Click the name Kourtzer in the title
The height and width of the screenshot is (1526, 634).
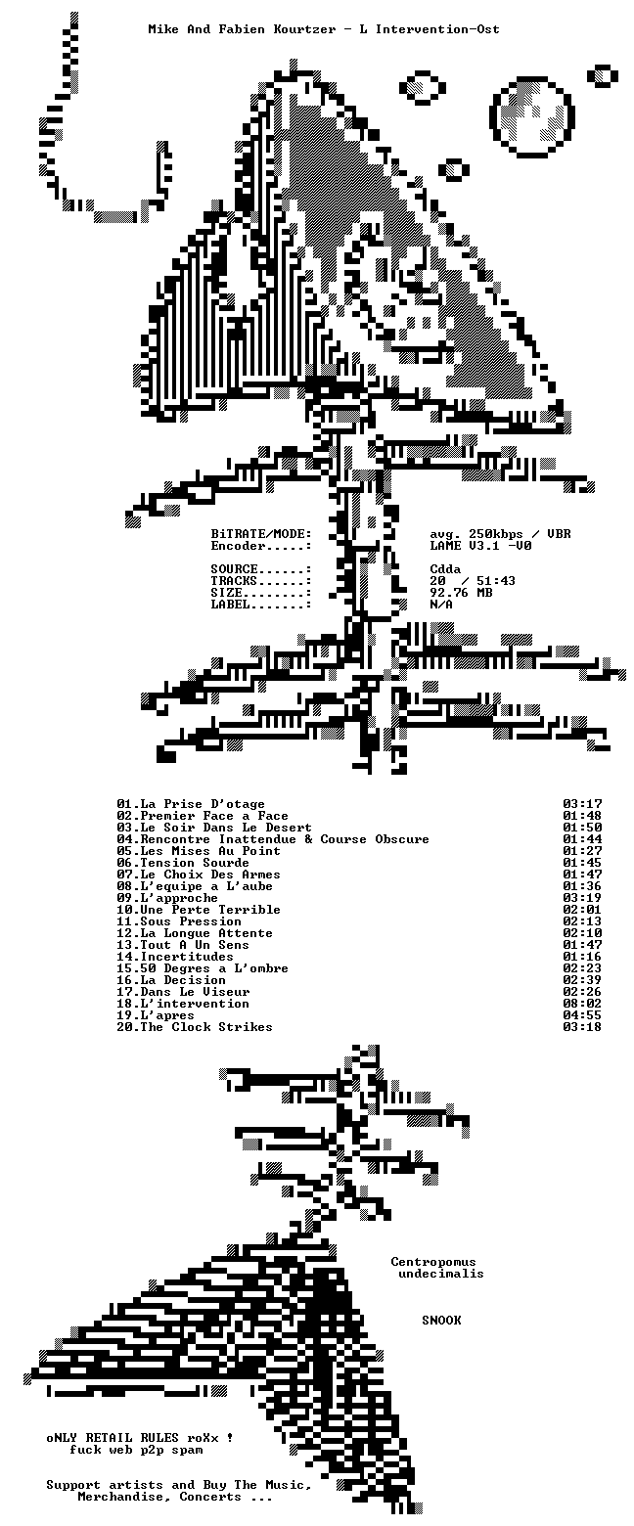pyautogui.click(x=304, y=29)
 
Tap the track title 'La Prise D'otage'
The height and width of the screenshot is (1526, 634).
pyautogui.click(x=203, y=804)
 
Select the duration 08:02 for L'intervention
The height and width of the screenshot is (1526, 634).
pyautogui.click(x=582, y=1004)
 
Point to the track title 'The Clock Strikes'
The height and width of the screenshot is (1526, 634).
pyautogui.click(x=205, y=1027)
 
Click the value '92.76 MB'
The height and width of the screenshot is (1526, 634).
pyautogui.click(x=461, y=593)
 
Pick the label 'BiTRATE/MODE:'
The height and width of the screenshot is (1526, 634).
pyautogui.click(x=261, y=534)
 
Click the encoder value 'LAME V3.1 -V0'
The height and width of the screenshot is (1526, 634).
pyautogui.click(x=480, y=546)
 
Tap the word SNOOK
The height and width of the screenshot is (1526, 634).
pyautogui.click(x=442, y=1320)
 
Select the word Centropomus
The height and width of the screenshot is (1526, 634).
pyautogui.click(x=433, y=1262)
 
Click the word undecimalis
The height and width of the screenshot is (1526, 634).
pyautogui.click(x=441, y=1274)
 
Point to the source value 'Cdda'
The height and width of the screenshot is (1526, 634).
pyautogui.click(x=445, y=569)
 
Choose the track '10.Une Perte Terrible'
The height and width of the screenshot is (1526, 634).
pyautogui.click(x=199, y=910)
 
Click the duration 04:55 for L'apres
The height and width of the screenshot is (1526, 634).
pyautogui.click(x=582, y=1015)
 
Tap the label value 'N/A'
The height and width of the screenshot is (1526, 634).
pyautogui.click(x=441, y=605)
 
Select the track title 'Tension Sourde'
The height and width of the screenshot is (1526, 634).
pyautogui.click(x=195, y=863)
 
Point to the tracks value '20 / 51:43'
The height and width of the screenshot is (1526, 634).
pyautogui.click(x=473, y=580)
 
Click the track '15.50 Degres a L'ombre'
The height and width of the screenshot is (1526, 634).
pyautogui.click(x=203, y=968)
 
